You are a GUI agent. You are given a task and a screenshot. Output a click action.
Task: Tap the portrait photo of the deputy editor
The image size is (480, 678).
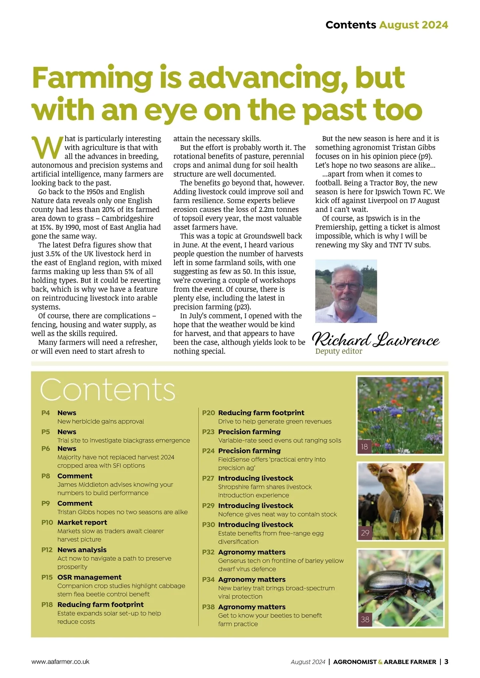[346, 291]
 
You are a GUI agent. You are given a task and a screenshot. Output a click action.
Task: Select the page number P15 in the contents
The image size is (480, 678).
[47, 577]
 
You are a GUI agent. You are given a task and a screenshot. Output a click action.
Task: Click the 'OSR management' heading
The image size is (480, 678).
[89, 577]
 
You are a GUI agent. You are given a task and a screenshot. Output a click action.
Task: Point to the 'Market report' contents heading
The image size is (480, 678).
[82, 522]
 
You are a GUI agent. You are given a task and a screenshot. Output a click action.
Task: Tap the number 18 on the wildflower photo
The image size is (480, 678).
[364, 447]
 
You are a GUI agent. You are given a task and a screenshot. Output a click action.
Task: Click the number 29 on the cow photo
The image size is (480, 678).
[365, 533]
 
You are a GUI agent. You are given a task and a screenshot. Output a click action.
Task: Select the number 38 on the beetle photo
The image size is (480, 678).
[365, 620]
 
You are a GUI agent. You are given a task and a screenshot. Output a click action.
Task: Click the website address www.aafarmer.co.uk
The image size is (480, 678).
[60, 662]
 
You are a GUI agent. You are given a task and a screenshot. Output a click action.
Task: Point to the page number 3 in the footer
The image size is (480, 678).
[446, 662]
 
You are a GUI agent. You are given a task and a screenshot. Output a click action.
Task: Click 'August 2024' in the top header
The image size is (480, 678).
[413, 25]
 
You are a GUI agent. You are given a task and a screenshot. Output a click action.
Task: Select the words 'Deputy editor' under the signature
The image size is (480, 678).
[338, 351]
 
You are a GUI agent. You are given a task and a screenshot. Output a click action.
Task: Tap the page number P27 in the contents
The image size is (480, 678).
[208, 478]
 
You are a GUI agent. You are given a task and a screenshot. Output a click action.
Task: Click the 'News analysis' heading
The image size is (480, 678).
[82, 550]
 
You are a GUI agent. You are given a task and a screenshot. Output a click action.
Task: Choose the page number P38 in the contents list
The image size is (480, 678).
[208, 607]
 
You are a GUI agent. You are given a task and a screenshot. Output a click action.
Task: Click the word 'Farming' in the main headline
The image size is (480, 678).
[92, 78]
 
